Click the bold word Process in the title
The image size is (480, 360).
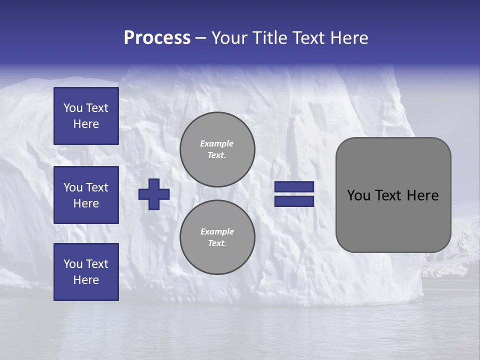coord(157,38)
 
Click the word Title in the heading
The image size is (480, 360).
coord(268,38)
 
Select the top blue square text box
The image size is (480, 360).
coord(86,116)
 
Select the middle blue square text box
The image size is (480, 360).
coord(86,195)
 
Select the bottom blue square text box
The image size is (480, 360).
coord(86,272)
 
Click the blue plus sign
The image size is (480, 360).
coord(154,194)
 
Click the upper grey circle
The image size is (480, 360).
coord(217,149)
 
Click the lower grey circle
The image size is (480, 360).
coord(217,237)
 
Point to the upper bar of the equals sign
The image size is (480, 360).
coord(294,186)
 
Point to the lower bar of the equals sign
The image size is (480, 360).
coord(294,201)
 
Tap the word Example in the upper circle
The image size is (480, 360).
coord(217,143)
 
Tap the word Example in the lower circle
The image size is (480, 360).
coord(217,231)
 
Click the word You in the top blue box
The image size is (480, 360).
coord(73,108)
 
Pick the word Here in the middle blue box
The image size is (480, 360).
coord(86,203)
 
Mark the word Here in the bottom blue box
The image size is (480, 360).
coord(86,280)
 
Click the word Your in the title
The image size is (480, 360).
coord(229,38)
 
